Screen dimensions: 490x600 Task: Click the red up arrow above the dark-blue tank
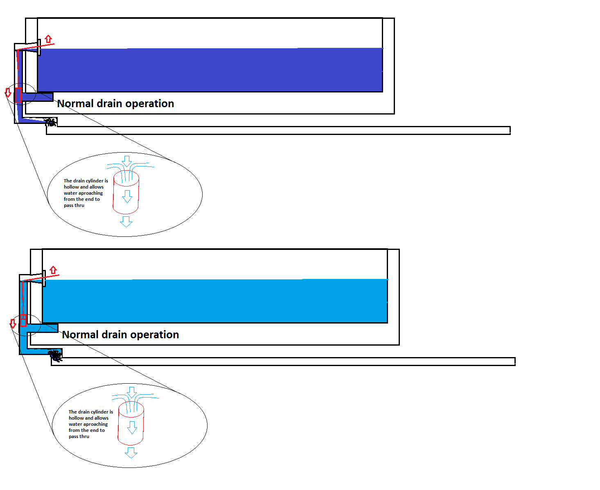pos(49,39)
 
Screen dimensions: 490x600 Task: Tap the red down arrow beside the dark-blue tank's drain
pos(8,92)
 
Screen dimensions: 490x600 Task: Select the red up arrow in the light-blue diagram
pos(53,270)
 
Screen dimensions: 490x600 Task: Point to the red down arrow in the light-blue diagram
pos(13,324)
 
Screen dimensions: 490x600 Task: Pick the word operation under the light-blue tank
pos(155,335)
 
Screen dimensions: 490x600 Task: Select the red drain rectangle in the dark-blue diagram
pos(18,95)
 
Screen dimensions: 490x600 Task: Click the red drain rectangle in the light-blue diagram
pos(23,320)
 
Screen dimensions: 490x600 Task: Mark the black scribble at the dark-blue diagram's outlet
pos(50,122)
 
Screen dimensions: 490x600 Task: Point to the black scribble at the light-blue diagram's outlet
pos(55,355)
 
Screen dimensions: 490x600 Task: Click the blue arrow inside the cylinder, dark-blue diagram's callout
pos(127,196)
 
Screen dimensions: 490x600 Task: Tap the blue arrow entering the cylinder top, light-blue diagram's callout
pos(132,392)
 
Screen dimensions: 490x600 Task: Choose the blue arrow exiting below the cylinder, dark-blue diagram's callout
pos(126,221)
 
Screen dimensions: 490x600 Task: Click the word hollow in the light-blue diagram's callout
pos(77,418)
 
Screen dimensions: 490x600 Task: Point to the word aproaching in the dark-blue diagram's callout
pos(90,193)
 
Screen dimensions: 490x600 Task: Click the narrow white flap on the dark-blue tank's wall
pos(39,47)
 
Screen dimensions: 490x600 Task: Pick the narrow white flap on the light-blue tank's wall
pos(44,278)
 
